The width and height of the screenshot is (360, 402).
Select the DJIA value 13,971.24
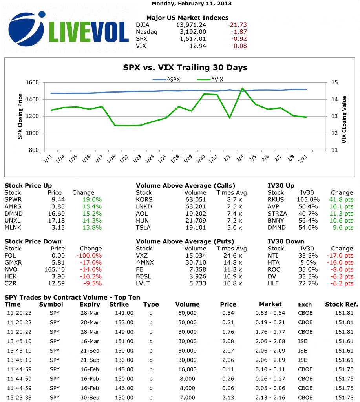(191, 24)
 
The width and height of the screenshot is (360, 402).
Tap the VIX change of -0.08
(237, 46)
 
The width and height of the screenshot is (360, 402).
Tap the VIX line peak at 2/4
(242, 88)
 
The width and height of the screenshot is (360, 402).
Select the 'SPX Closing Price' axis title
(20, 116)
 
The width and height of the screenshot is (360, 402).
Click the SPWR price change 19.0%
(92, 199)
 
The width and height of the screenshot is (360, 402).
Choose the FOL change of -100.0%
(90, 255)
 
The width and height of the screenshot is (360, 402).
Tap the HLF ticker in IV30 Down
(273, 283)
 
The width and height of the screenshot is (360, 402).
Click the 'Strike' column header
(119, 304)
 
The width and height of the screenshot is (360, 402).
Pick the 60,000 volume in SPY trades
(186, 313)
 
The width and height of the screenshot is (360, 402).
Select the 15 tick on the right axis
(334, 82)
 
